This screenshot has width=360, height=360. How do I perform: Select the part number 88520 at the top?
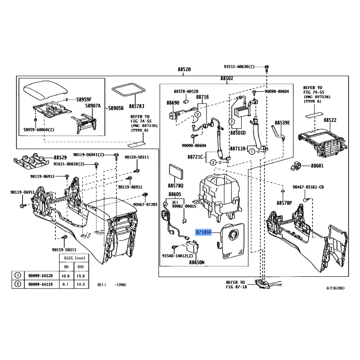click(x=184, y=70)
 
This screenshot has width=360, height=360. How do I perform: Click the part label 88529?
click(x=60, y=157)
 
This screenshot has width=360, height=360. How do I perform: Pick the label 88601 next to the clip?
click(x=317, y=166)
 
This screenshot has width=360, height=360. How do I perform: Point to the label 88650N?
click(x=197, y=262)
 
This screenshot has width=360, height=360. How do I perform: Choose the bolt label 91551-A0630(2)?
click(x=239, y=67)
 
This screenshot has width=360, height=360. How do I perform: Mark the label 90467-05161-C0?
click(x=308, y=187)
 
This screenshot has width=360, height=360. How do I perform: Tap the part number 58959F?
click(x=83, y=99)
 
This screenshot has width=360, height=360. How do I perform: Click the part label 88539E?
click(x=283, y=122)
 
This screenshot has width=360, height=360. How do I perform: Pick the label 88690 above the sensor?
click(x=173, y=103)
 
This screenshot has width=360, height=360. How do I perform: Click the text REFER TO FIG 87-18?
click(x=235, y=284)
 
